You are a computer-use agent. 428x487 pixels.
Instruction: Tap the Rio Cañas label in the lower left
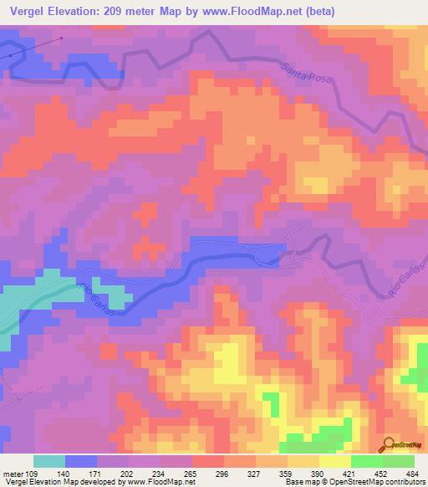[x=99, y=296]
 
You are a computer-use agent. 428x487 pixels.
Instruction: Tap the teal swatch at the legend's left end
[x=48, y=461]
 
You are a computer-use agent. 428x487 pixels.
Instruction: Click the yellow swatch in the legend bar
[x=334, y=461]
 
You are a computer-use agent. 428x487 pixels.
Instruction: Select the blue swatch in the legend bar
[x=81, y=461]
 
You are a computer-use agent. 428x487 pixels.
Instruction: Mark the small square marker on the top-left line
[x=62, y=38]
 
